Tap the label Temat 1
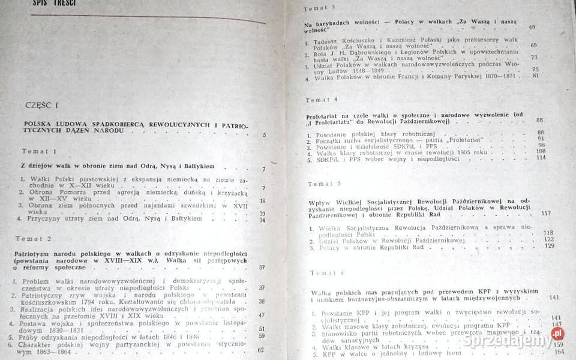point(40,151)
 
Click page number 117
point(545,214)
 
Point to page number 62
point(260,350)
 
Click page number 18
point(262,200)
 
